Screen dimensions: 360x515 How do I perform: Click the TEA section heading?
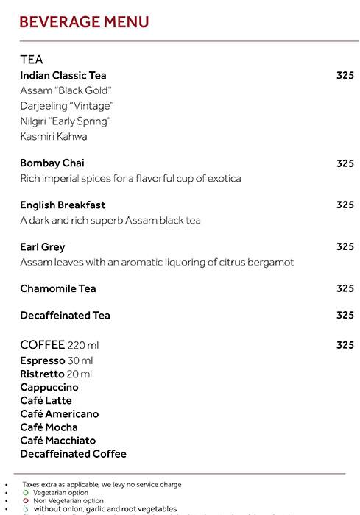tap(32, 60)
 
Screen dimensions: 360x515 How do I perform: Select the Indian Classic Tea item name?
tap(63, 75)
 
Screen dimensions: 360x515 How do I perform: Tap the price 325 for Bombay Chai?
tap(345, 163)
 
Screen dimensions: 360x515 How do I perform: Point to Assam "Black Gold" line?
tap(66, 90)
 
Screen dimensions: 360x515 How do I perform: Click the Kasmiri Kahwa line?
tap(54, 137)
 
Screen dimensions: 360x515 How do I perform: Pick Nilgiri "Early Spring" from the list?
tap(66, 121)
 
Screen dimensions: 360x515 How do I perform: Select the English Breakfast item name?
tap(63, 205)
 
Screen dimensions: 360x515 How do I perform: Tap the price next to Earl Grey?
tap(345, 247)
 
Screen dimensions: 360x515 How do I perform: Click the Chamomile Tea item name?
tap(58, 288)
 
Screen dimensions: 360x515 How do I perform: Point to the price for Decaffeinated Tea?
tap(345, 316)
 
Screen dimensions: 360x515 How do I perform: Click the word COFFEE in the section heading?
tap(43, 345)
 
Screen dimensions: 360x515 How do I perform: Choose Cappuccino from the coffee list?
tap(49, 387)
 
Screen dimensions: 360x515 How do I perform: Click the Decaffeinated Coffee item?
tap(74, 454)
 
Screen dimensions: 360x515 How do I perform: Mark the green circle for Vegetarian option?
tap(25, 493)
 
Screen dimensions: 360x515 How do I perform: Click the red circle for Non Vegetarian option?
tap(25, 501)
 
